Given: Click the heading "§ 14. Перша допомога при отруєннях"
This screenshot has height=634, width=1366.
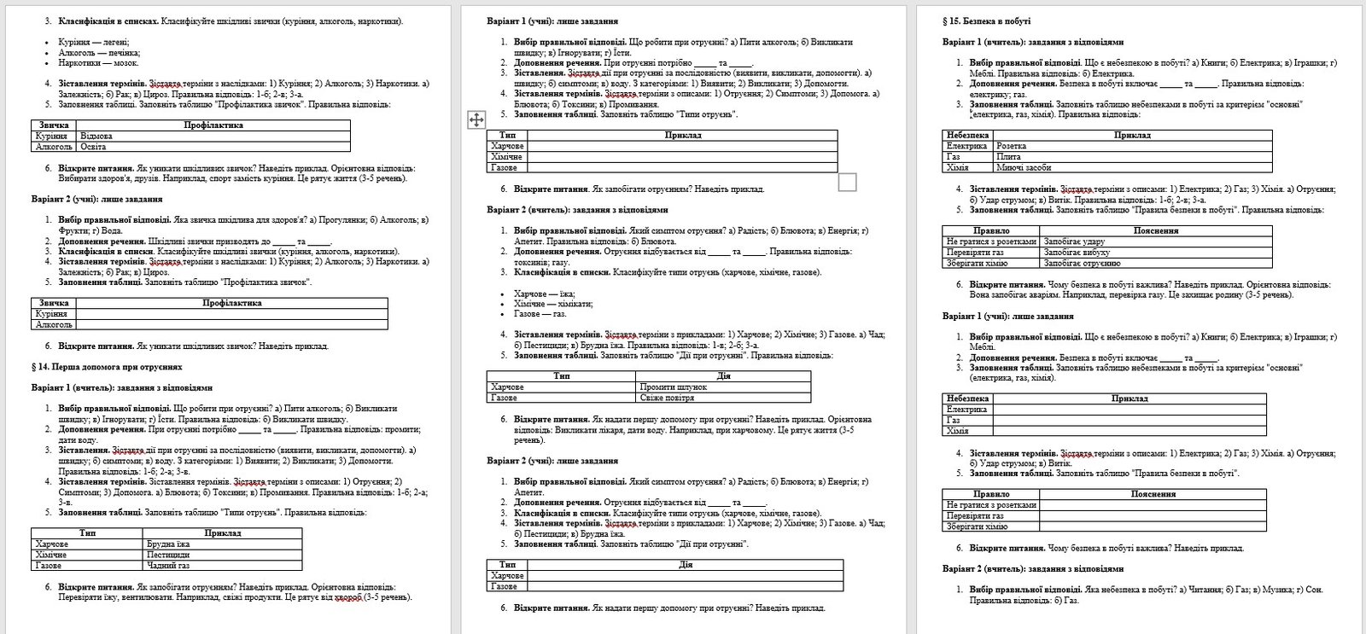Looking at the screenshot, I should (x=107, y=367).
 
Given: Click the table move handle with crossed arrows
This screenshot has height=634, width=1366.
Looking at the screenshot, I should (x=476, y=119).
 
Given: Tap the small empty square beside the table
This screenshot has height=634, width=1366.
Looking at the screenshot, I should (x=847, y=182).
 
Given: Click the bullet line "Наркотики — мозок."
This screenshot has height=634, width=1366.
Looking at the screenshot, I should (x=98, y=62).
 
